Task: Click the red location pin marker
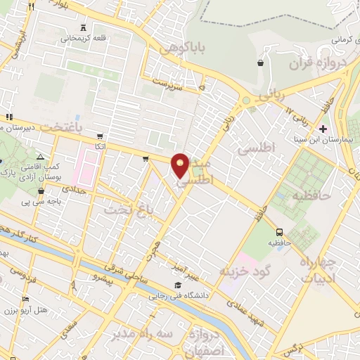(181, 165)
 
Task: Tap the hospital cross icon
(322, 129)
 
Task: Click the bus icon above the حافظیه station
(280, 231)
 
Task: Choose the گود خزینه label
(245, 271)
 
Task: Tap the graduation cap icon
(178, 285)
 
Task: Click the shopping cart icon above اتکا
(100, 136)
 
